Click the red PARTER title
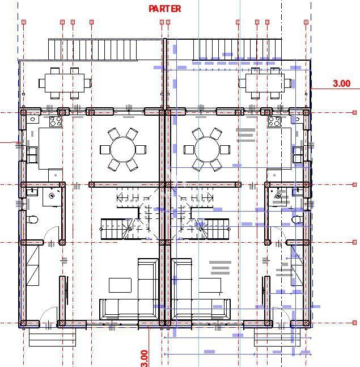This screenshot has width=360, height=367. [165, 9]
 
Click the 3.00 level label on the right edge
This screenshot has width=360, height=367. [341, 83]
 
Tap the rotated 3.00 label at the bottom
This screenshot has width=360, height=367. [144, 357]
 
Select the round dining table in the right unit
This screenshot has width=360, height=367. [207, 150]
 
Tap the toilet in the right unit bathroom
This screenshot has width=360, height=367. [297, 220]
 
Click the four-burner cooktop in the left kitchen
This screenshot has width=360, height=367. [56, 121]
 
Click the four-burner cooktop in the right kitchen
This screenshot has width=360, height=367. [274, 121]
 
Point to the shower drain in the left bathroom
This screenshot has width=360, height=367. [52, 196]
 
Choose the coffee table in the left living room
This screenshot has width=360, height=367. [120, 285]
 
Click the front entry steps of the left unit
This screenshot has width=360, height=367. [52, 339]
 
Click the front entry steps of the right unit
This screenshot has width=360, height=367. [276, 339]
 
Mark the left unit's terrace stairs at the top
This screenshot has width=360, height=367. [92, 49]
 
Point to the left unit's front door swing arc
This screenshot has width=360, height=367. [48, 315]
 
